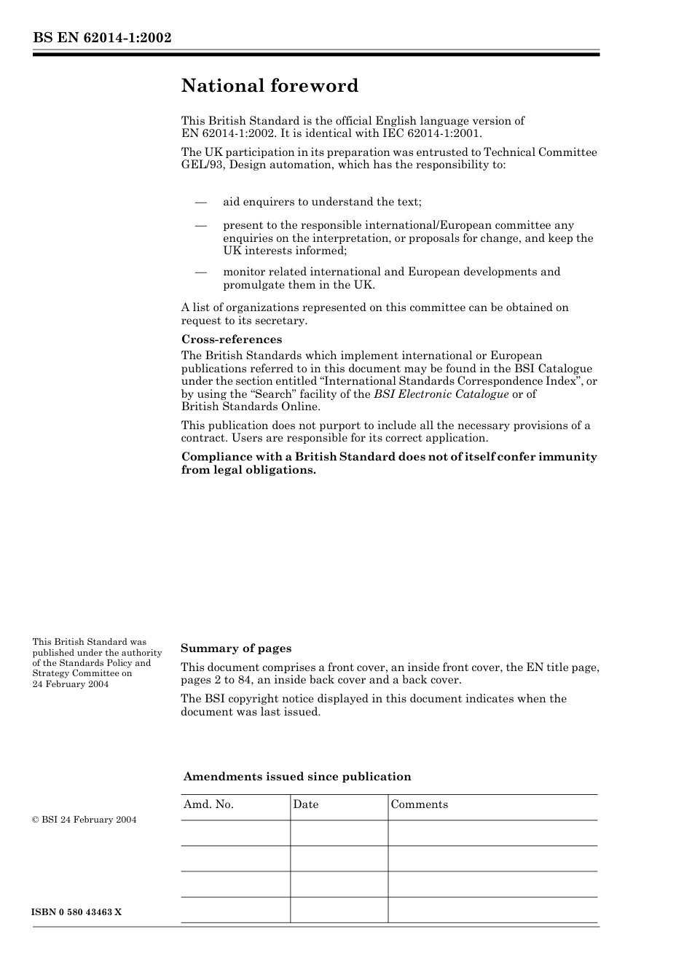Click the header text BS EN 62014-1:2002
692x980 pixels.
102,37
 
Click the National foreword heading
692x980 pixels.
270,86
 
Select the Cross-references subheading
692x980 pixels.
231,340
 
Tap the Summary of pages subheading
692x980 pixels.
236,648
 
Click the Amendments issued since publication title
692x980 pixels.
297,777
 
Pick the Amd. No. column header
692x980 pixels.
208,804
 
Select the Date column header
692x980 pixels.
306,804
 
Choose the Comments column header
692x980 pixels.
420,804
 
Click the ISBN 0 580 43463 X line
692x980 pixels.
77,912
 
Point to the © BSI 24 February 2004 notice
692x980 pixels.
84,820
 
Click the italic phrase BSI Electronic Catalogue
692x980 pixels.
441,394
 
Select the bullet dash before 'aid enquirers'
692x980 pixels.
200,203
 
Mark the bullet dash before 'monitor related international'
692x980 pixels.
200,273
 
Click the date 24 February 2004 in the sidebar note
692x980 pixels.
71,684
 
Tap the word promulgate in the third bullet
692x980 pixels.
253,285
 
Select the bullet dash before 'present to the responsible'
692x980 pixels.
200,226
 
